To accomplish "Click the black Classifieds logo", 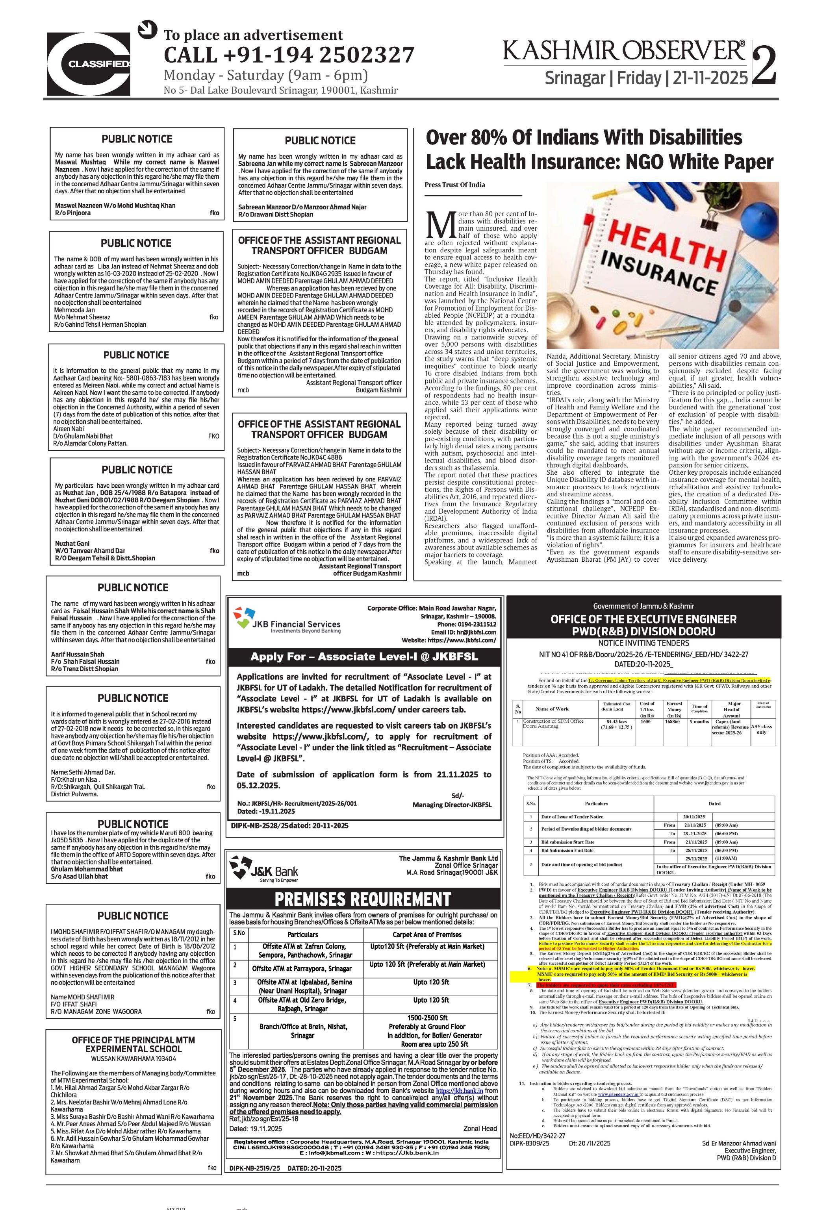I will coord(89,63).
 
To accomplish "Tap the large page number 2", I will coord(764,66).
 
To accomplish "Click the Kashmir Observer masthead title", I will coord(624,52).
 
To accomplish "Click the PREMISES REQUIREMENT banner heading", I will coord(362,899).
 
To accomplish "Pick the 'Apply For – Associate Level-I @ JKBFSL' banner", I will coord(364,657).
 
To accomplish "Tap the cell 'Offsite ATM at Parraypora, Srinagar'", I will coord(302,968).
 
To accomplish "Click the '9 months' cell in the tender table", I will coord(699,722).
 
